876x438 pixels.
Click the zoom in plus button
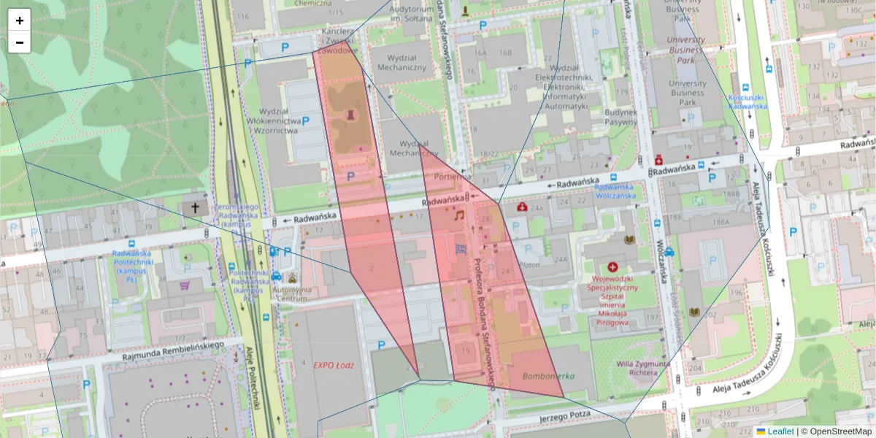[x=20, y=20]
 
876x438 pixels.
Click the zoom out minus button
[x=20, y=42]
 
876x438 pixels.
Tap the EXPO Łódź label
[x=333, y=364]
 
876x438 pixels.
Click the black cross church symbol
[x=195, y=208]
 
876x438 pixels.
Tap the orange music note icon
[x=459, y=216]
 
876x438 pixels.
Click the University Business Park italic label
[x=685, y=50]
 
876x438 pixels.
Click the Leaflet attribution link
[x=780, y=431]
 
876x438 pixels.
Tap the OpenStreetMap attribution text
[x=837, y=431]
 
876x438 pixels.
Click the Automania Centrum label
[x=291, y=293]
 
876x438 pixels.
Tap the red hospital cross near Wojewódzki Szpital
[x=612, y=268]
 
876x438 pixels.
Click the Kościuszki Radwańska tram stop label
[x=747, y=101]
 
